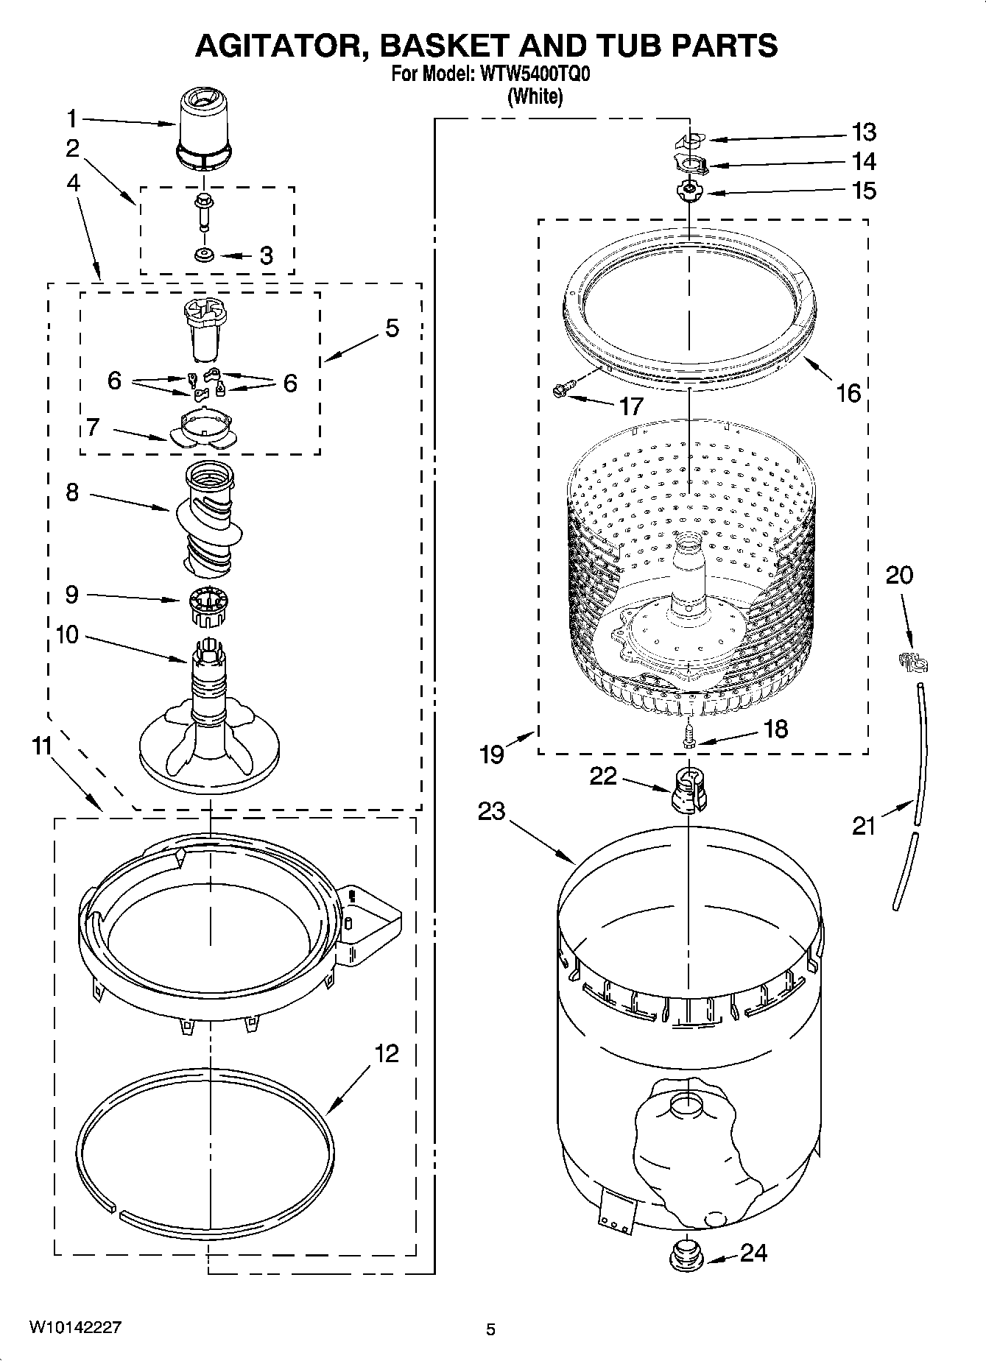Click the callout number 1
[72, 119]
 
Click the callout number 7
[92, 426]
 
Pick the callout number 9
[71, 594]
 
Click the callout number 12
[387, 1053]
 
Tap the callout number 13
[864, 132]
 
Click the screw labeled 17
[563, 389]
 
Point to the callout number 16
[848, 393]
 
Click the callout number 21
[864, 826]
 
